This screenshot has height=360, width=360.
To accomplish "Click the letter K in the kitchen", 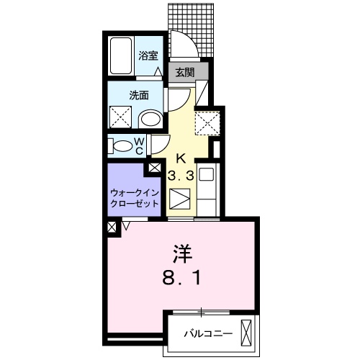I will point(181,158).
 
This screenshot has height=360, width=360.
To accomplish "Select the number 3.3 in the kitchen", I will point(181,175).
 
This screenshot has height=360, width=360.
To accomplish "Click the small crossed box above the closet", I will point(155,168).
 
